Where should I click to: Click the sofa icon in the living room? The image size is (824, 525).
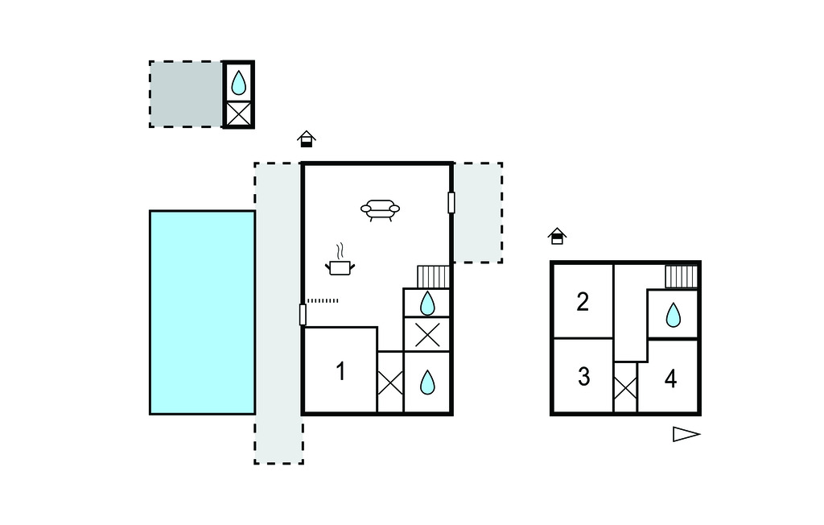(380, 210)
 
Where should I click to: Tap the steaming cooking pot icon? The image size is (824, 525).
(340, 260)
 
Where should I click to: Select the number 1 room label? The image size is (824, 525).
(340, 371)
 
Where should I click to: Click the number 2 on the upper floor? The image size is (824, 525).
(583, 302)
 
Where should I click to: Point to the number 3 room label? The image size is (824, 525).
(583, 377)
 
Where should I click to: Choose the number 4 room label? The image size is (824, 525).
(670, 378)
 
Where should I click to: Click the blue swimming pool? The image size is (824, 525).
(202, 312)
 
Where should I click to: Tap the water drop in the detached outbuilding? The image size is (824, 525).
(238, 83)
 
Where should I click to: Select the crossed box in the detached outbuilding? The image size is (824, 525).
(238, 114)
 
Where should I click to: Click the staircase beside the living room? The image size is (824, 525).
(434, 277)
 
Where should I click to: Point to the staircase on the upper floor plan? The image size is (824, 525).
(682, 277)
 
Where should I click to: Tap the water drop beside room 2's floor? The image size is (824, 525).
(674, 315)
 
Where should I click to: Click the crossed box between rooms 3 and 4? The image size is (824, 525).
(625, 387)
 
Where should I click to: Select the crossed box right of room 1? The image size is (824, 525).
(390, 382)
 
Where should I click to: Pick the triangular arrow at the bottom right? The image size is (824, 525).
(686, 435)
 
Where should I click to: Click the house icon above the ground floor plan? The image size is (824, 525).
(307, 138)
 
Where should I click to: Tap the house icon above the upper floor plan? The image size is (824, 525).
(557, 236)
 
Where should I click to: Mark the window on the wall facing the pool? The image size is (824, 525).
(303, 315)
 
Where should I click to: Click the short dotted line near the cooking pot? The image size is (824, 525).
(323, 301)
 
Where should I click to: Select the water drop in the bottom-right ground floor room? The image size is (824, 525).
(428, 382)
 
